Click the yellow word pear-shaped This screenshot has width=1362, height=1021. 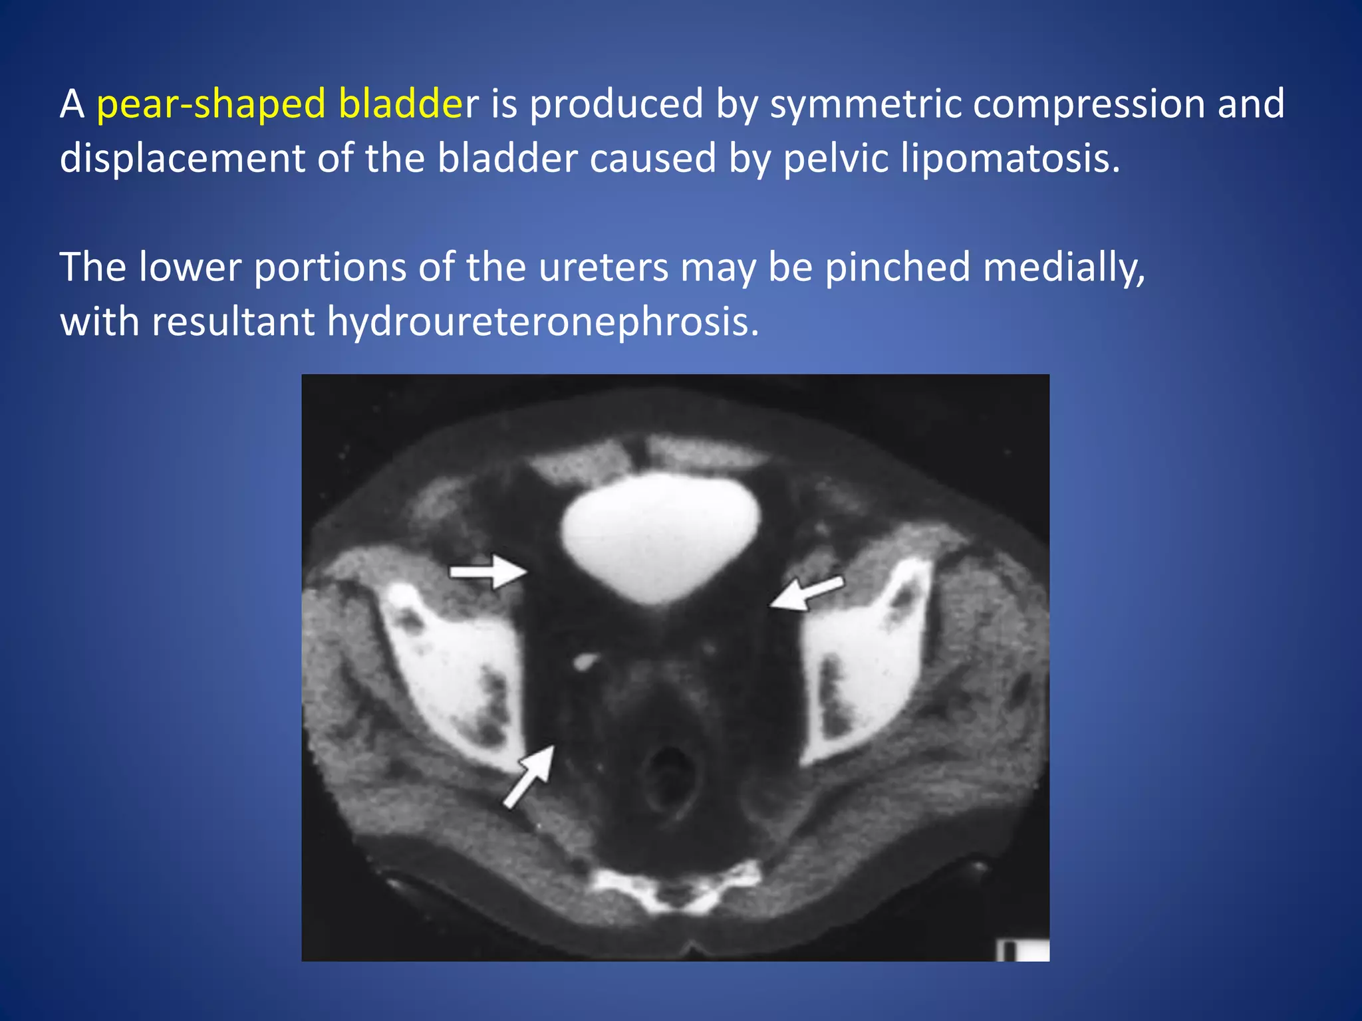[x=211, y=105]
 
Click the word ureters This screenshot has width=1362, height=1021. [x=603, y=267]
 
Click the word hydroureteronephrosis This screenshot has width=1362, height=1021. [x=542, y=322]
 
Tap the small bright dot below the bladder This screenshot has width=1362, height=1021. [x=585, y=661]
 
